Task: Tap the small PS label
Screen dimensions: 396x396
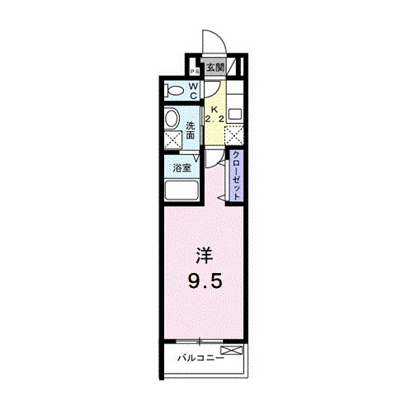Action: (194, 71)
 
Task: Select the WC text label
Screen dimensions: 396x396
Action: (193, 91)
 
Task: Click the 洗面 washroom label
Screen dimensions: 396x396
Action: (191, 130)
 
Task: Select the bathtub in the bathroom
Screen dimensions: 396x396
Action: (181, 191)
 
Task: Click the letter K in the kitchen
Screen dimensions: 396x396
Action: (214, 109)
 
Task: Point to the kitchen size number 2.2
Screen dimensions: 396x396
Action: (214, 120)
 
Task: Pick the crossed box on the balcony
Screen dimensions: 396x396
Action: (236, 351)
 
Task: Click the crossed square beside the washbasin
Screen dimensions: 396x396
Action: (173, 139)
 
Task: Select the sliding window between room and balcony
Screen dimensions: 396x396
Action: (201, 341)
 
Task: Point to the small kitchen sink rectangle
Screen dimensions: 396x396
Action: (235, 113)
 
